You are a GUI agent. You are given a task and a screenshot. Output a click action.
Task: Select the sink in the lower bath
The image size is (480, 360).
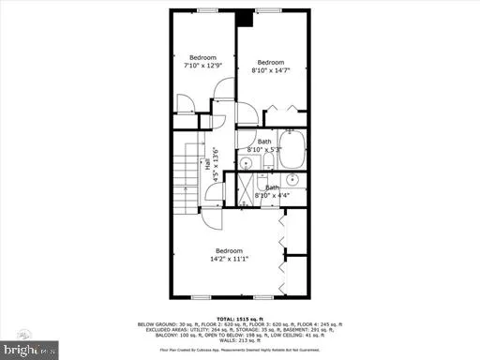tap(292, 178)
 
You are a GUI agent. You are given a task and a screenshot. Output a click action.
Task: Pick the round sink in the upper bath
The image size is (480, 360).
tap(247, 164)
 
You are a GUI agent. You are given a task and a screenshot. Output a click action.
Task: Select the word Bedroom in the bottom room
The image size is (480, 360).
tap(229, 251)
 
